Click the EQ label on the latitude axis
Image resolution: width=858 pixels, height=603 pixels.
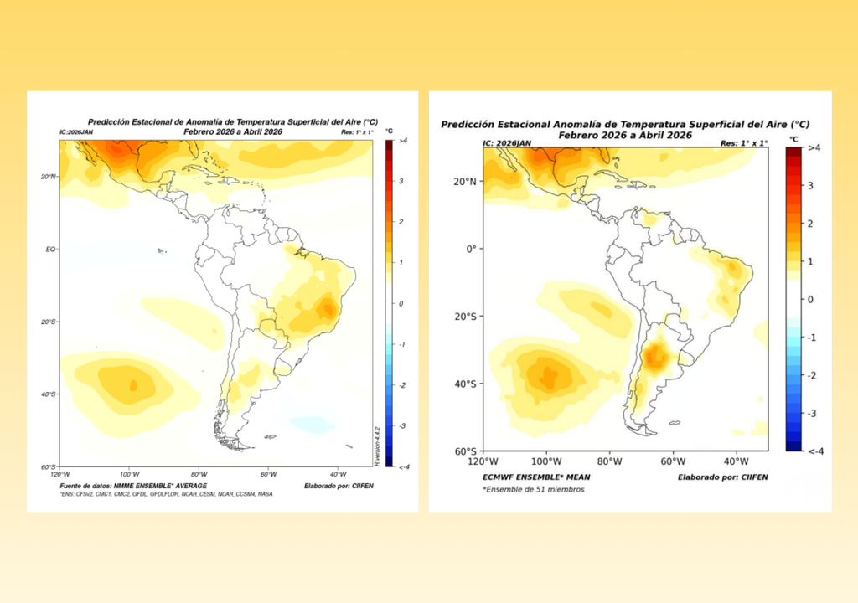click(x=51, y=250)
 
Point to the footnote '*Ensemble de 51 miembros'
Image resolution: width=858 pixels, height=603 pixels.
click(x=533, y=489)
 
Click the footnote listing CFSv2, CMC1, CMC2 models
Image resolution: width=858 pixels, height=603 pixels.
click(x=166, y=494)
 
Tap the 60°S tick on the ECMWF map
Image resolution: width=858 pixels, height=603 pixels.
click(x=465, y=451)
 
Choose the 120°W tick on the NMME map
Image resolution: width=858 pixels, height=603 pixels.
click(x=59, y=475)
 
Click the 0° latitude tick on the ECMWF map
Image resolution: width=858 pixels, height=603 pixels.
click(x=470, y=249)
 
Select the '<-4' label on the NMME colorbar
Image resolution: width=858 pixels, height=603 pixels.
click(x=403, y=466)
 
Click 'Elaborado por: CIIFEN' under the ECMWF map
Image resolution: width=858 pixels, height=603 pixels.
click(x=722, y=477)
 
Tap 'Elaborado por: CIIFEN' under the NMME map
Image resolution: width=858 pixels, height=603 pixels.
click(x=339, y=486)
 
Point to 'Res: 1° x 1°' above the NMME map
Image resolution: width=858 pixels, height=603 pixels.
click(x=359, y=132)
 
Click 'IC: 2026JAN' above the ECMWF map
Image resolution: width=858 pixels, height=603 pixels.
click(x=507, y=143)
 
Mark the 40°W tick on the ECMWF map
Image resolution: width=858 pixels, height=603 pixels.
click(x=736, y=461)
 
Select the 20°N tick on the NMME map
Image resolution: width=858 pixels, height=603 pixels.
click(x=49, y=177)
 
